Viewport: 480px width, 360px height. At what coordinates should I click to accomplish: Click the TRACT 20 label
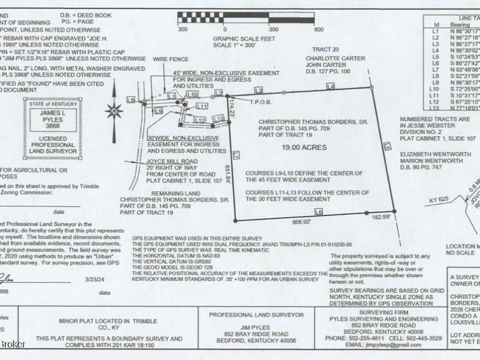click(328, 49)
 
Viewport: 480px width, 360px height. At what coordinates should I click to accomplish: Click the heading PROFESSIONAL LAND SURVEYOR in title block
click(246, 314)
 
